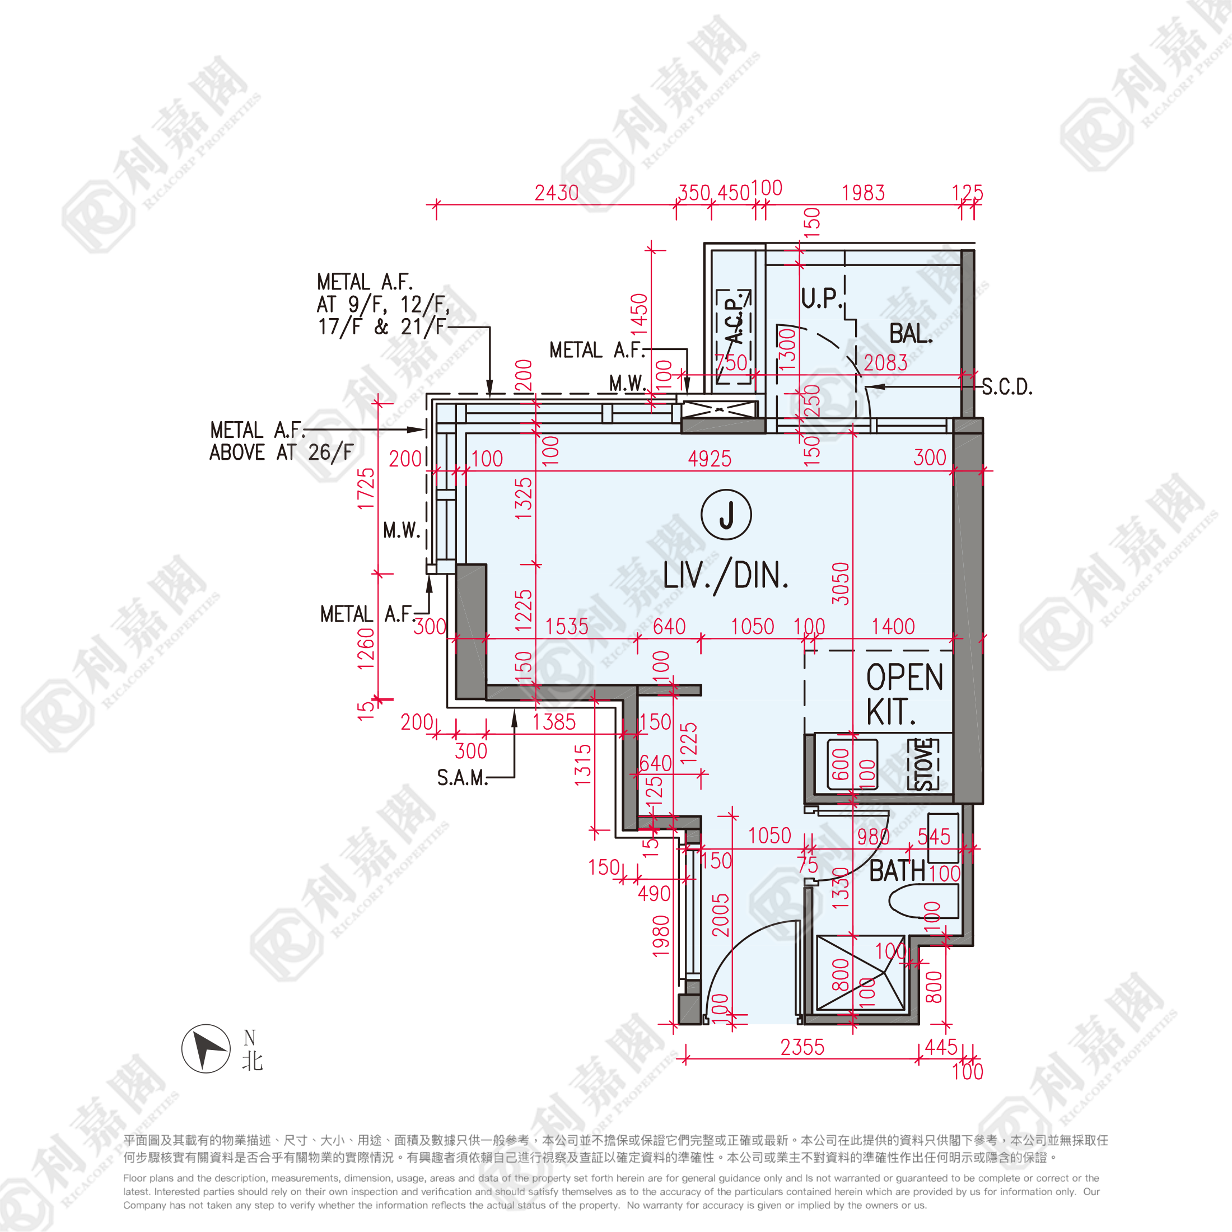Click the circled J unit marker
click(x=726, y=515)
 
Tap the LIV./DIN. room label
click(x=726, y=576)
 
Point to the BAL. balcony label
click(x=911, y=334)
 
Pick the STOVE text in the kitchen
click(x=923, y=764)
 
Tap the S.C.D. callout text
click(x=1007, y=387)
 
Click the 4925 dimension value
click(x=710, y=459)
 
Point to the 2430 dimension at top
click(x=557, y=193)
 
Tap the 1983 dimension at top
click(x=864, y=193)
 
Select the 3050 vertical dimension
click(x=841, y=584)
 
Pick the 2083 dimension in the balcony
click(x=885, y=363)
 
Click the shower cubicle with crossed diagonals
click(x=860, y=973)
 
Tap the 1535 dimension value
click(x=566, y=627)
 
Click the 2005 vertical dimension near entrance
click(x=720, y=915)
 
